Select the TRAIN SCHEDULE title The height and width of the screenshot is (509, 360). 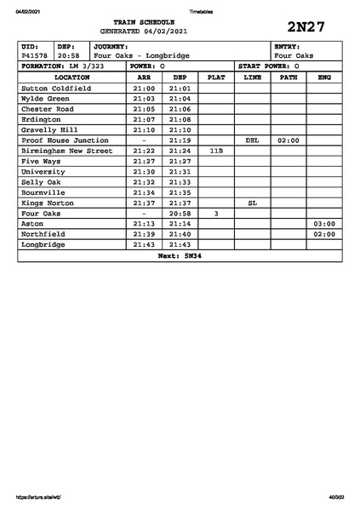(x=149, y=22)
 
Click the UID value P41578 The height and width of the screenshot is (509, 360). (x=35, y=55)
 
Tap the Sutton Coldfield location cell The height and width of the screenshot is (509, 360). (x=56, y=88)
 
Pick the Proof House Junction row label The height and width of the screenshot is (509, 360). (x=65, y=140)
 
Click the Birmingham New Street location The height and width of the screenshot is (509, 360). (x=66, y=151)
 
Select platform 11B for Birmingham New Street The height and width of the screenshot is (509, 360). (x=216, y=151)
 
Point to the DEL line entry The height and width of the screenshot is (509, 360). (x=252, y=140)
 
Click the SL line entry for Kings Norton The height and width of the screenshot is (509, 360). (x=252, y=203)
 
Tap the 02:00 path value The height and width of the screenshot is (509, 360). (x=289, y=140)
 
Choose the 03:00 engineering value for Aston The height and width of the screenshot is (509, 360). (x=324, y=224)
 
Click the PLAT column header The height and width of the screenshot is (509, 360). (x=216, y=77)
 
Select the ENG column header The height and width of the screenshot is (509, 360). (x=324, y=77)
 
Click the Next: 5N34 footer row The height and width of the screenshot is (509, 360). (x=180, y=255)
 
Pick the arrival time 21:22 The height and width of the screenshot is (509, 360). (x=144, y=151)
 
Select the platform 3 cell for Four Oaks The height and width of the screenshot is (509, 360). (x=216, y=214)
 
